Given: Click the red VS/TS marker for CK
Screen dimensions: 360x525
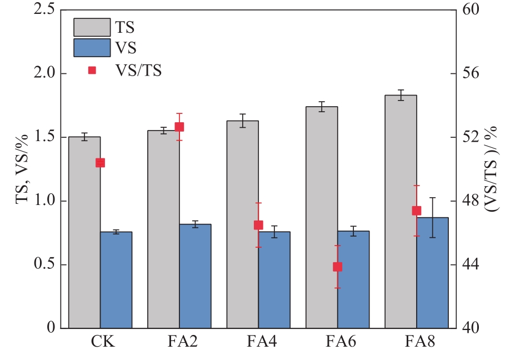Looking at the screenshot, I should click(100, 163).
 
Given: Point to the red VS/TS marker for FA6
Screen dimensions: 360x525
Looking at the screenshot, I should click(337, 267).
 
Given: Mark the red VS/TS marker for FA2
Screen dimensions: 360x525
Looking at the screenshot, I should click(179, 127).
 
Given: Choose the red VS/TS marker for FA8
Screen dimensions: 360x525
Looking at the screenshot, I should click(417, 211).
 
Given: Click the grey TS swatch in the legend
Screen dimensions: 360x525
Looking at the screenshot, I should click(92, 26).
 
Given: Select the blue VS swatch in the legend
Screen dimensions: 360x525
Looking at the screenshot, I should click(92, 48).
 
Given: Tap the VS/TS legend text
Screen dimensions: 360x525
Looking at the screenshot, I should click(138, 70).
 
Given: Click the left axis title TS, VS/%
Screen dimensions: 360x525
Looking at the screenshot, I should click(23, 169).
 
